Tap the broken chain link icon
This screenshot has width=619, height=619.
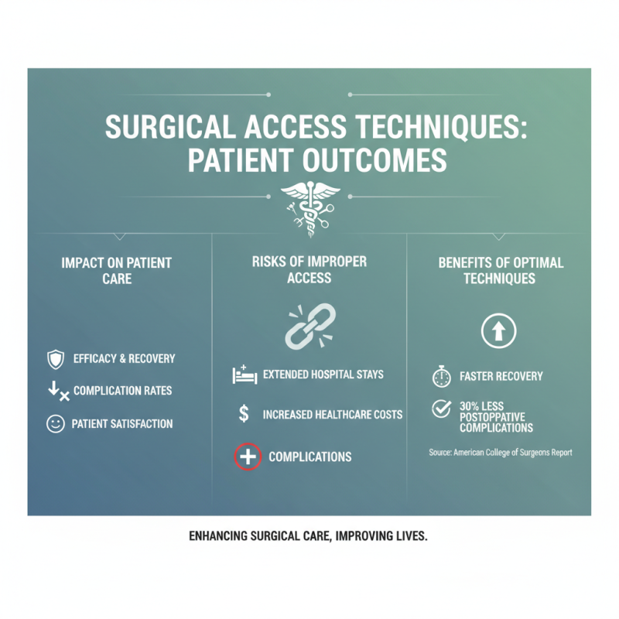(x=310, y=325)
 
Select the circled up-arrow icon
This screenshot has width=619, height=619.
(x=499, y=332)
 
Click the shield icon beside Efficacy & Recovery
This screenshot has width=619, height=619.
(x=56, y=359)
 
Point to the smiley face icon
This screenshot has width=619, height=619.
(x=56, y=424)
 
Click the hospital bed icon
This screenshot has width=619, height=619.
(x=244, y=375)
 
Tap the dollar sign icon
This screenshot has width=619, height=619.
(x=244, y=415)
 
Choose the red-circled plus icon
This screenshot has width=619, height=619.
(x=248, y=457)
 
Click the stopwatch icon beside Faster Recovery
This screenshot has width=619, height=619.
(x=441, y=377)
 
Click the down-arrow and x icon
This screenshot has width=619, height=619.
(x=58, y=392)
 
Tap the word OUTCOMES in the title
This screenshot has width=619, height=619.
(x=371, y=161)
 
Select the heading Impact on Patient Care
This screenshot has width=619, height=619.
(x=116, y=270)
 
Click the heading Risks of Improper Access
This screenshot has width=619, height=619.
(x=309, y=270)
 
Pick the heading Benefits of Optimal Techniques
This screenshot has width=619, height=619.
(x=500, y=270)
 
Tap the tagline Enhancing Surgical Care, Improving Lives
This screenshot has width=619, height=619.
(x=308, y=536)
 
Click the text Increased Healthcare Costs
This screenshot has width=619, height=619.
(x=333, y=415)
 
